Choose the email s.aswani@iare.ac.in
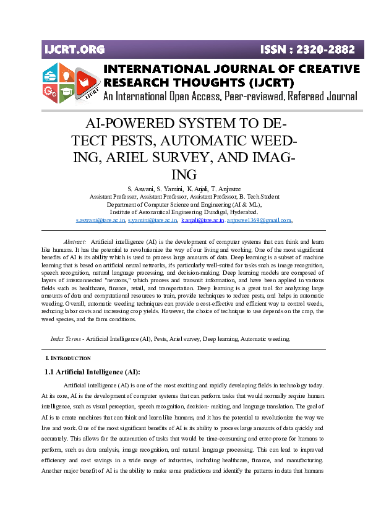point(100,220)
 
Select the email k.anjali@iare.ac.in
point(202,220)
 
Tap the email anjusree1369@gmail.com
point(259,220)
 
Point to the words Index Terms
point(66,339)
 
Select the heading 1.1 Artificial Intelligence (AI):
point(93,372)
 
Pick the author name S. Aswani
point(141,188)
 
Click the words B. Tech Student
point(258,196)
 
